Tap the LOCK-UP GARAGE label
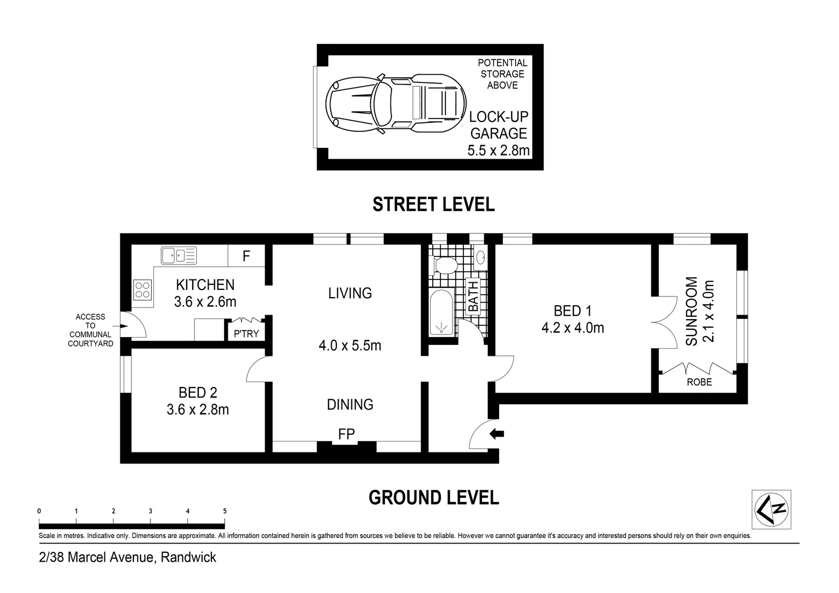(498, 125)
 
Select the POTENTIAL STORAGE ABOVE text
(502, 74)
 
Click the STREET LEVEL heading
(433, 204)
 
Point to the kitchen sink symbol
(178, 255)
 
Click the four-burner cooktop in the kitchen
(143, 289)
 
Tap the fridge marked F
(247, 256)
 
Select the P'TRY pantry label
(246, 333)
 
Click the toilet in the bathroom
(445, 265)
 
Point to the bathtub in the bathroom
(441, 314)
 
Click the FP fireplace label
(346, 434)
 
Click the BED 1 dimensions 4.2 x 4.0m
(572, 328)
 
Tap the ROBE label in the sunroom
(699, 382)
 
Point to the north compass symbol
(771, 509)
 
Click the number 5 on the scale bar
(225, 511)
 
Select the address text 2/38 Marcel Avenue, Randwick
(127, 557)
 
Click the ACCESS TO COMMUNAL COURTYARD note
(90, 330)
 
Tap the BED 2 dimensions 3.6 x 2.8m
(198, 410)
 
